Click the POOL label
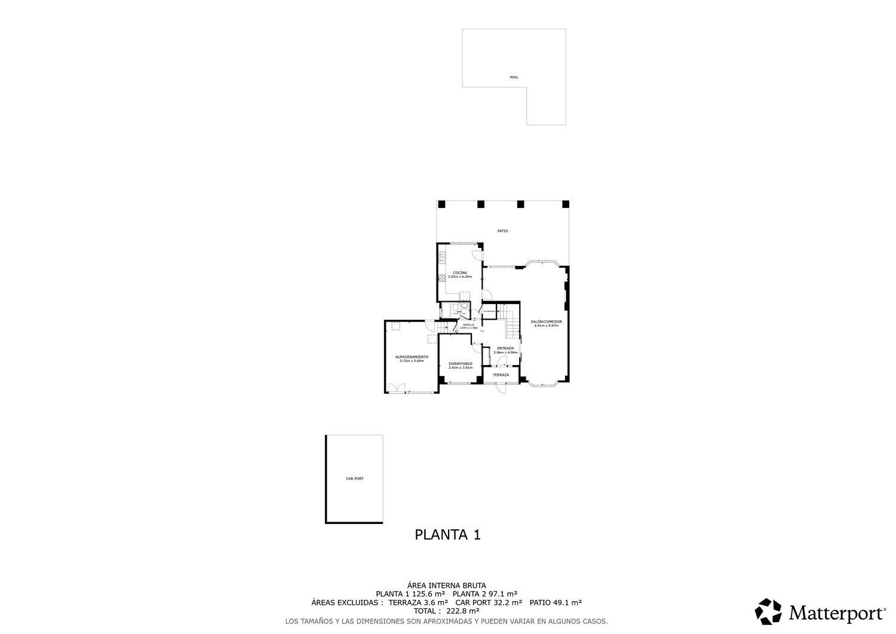(x=514, y=77)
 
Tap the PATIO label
(x=502, y=231)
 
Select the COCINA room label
(x=459, y=273)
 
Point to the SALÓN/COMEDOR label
(x=546, y=321)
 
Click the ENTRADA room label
(x=505, y=348)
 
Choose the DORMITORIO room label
(x=460, y=363)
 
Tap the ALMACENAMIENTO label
(x=412, y=357)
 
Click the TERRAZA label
(x=501, y=375)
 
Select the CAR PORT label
(x=354, y=479)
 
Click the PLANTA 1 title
(x=447, y=535)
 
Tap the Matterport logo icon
(x=768, y=612)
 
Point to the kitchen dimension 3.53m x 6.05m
(x=459, y=277)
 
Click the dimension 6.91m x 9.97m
(x=546, y=326)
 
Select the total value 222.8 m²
(x=462, y=611)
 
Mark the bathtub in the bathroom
(x=446, y=310)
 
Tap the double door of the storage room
(x=395, y=388)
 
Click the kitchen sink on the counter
(x=441, y=258)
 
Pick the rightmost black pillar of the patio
(x=566, y=204)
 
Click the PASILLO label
(x=468, y=324)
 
